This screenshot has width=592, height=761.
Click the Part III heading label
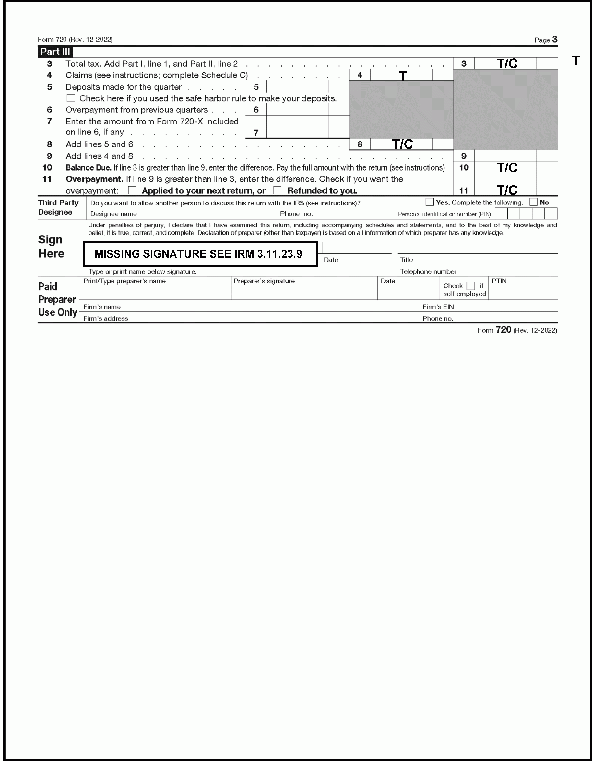55,52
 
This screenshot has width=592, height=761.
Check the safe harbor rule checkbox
71,98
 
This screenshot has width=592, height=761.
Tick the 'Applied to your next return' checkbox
132,190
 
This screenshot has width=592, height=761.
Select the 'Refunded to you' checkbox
277,190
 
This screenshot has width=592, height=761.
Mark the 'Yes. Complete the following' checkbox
430,202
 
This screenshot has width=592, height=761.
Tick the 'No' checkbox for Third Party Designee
533,202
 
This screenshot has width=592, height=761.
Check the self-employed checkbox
471,286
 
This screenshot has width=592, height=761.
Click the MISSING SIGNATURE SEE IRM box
200,254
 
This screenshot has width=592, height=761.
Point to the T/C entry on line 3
507,63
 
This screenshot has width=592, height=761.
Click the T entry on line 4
402,75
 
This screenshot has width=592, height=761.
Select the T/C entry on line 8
402,144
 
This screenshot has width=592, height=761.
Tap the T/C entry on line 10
507,167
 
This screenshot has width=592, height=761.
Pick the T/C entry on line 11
507,190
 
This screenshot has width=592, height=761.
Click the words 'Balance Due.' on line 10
89,167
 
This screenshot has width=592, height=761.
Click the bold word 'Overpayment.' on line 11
94,179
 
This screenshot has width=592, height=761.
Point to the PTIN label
499,281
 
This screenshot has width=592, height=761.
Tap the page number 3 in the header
554,40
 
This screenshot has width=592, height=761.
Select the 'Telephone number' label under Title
428,271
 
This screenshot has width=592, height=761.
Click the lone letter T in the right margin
575,61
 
